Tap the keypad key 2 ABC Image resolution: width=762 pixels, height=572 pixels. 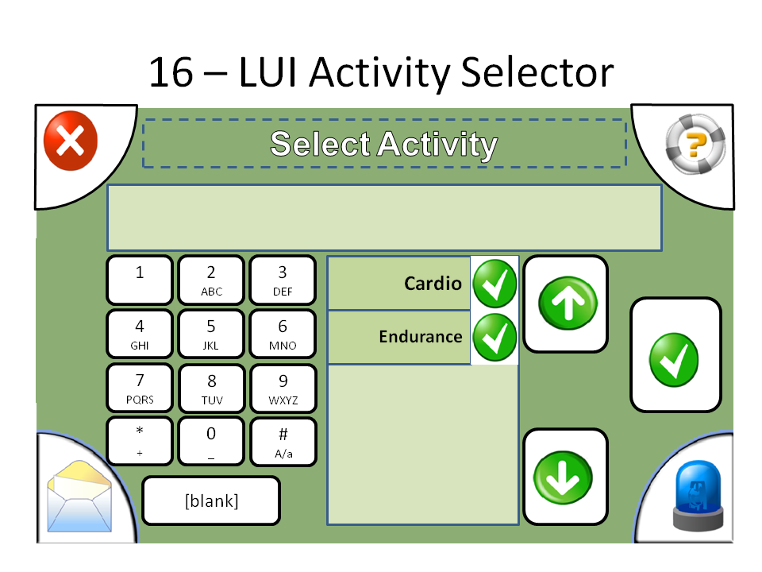(x=211, y=280)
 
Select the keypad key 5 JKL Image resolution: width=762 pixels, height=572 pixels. (x=211, y=334)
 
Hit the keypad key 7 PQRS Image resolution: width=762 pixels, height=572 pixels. (x=140, y=388)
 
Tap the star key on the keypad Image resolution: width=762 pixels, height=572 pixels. (x=140, y=441)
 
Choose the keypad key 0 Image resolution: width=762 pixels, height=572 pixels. (x=211, y=441)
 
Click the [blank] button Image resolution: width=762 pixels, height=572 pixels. (x=211, y=501)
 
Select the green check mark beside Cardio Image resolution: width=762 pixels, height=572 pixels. (x=495, y=284)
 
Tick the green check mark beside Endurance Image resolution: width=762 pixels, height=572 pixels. (x=495, y=337)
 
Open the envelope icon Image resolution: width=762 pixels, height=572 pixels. (x=76, y=497)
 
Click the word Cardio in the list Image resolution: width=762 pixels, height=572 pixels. (x=433, y=284)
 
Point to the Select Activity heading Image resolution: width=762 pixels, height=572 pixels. (x=384, y=144)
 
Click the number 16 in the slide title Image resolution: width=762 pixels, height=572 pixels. (x=171, y=73)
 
